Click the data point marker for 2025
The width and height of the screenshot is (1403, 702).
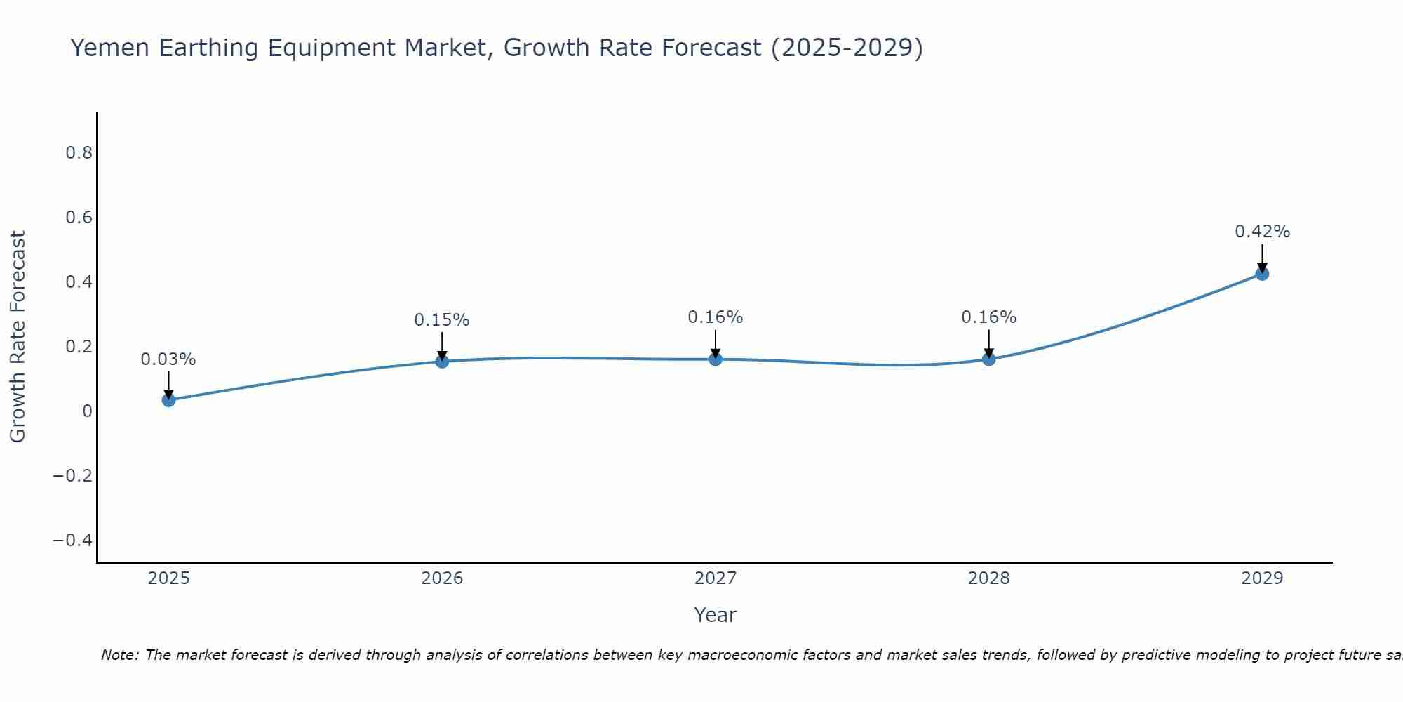[x=168, y=400]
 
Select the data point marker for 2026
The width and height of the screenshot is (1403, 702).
[x=442, y=362]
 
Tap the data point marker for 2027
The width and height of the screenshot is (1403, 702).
[x=716, y=359]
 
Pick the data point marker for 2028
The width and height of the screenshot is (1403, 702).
[x=988, y=359]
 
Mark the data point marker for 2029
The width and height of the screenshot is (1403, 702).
[x=1262, y=274]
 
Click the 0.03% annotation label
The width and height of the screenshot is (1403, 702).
[x=168, y=359]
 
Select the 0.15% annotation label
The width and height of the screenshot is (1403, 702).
[x=442, y=320]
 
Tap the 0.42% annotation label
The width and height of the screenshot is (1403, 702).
[x=1262, y=232]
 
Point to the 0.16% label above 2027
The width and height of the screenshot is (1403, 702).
[x=716, y=317]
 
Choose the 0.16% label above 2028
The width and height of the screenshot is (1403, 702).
[x=988, y=317]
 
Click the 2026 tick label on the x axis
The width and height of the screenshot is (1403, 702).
[x=442, y=578]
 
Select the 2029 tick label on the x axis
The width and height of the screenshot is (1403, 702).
[x=1262, y=578]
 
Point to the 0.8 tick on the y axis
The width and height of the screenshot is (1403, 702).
[x=79, y=153]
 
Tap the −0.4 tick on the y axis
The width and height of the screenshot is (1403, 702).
[x=72, y=540]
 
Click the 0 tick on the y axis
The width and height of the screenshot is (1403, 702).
[x=87, y=411]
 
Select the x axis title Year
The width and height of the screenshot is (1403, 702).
[x=715, y=616]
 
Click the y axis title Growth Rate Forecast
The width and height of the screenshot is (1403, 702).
[x=18, y=337]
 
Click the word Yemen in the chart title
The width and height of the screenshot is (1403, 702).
[x=109, y=48]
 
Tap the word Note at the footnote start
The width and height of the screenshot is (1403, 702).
[x=119, y=656]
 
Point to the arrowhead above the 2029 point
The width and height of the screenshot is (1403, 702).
[x=1262, y=267]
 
